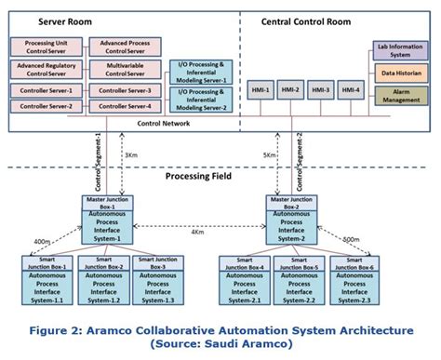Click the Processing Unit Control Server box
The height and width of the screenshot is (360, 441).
click(48, 46)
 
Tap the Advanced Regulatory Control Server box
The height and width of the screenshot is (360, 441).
click(48, 69)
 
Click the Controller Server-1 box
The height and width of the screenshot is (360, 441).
click(48, 90)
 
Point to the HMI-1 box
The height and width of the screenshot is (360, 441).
click(261, 90)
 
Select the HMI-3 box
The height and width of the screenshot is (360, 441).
click(320, 90)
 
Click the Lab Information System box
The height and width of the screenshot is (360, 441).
click(401, 48)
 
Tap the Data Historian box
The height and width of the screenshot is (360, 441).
click(401, 71)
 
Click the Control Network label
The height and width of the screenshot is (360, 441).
click(166, 123)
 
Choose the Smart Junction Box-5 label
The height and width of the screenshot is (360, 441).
click(301, 262)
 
